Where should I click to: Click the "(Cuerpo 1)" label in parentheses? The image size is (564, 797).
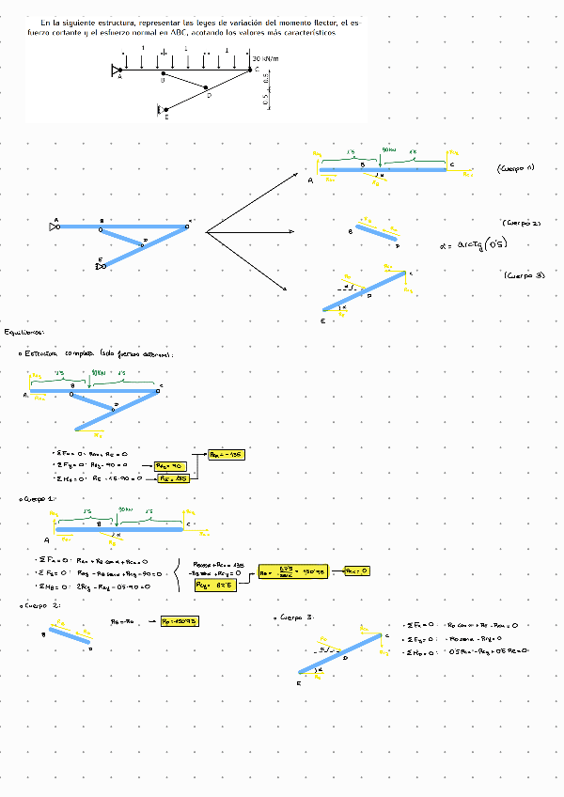point(515,168)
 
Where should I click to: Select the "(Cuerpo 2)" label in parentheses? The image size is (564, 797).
point(522,224)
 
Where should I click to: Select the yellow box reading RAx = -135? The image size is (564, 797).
point(226,454)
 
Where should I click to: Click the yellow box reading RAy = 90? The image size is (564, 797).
point(171,465)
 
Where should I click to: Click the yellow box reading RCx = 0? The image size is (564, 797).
point(356,570)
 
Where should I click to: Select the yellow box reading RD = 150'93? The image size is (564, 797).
point(179,621)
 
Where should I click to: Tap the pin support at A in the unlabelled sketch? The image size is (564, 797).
point(53,227)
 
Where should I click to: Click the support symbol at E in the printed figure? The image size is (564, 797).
point(159,111)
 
